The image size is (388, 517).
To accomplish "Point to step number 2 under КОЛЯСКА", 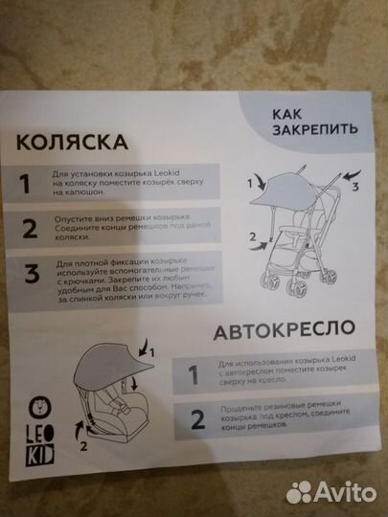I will click(31, 229).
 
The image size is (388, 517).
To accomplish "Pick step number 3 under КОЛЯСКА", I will click(31, 276).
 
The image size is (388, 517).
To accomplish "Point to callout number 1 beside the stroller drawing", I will click(253, 178).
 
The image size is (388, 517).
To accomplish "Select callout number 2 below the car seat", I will click(85, 444).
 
